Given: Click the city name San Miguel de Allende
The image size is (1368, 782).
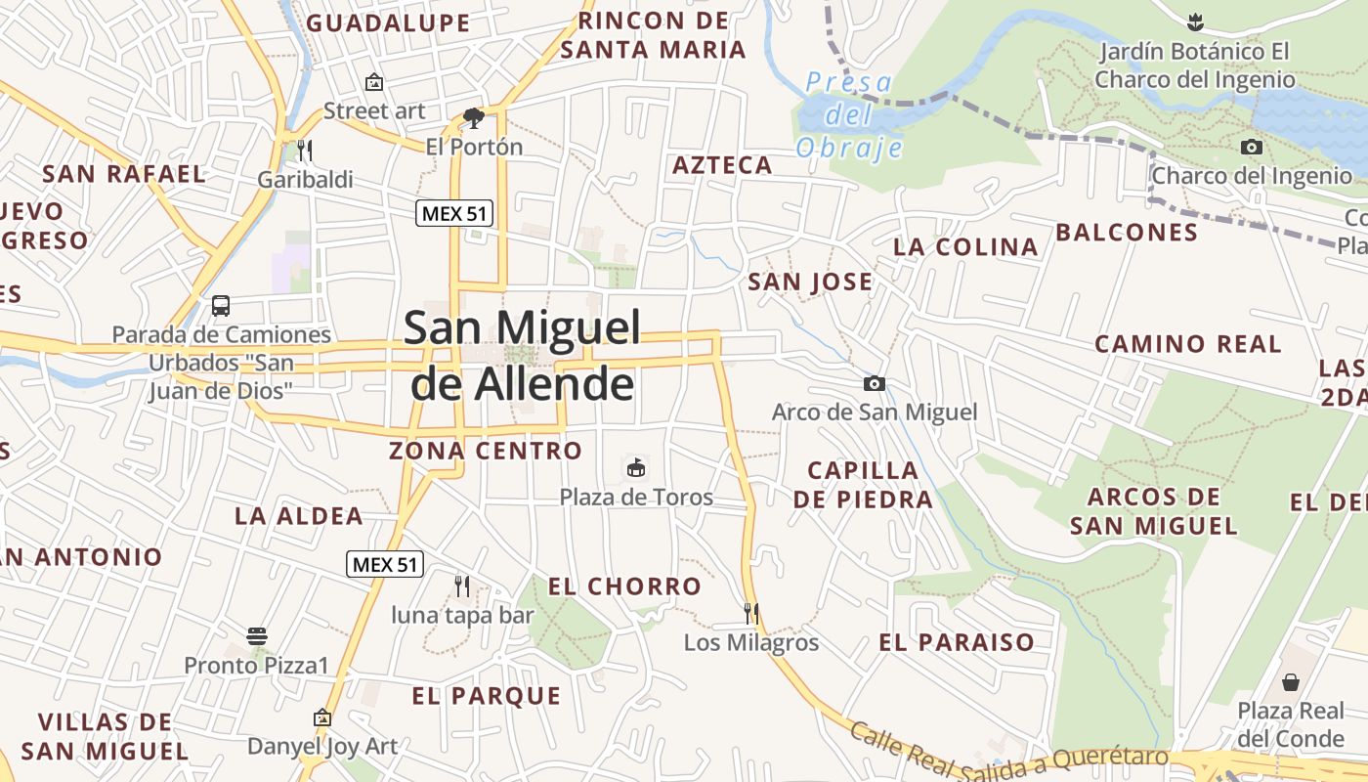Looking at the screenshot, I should pyautogui.click(x=523, y=355).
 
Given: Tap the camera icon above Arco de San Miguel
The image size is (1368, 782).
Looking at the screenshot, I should pyautogui.click(x=875, y=383).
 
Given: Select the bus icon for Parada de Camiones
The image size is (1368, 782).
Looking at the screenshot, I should pyautogui.click(x=221, y=305).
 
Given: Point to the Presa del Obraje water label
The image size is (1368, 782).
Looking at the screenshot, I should pyautogui.click(x=848, y=115).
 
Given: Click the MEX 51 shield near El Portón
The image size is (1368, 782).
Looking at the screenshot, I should pyautogui.click(x=454, y=213).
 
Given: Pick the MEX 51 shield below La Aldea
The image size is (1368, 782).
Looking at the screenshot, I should pyautogui.click(x=385, y=564).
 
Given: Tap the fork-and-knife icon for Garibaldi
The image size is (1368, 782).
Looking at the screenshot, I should pyautogui.click(x=305, y=151).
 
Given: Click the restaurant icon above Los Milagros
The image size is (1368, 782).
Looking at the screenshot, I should pyautogui.click(x=751, y=614).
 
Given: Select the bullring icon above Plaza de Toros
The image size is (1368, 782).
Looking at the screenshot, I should pyautogui.click(x=636, y=468).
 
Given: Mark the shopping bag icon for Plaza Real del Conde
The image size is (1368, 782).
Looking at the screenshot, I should pyautogui.click(x=1291, y=681).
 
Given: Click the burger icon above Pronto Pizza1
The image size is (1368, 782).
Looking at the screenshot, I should pyautogui.click(x=257, y=636).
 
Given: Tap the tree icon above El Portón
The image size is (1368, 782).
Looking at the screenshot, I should pyautogui.click(x=474, y=118).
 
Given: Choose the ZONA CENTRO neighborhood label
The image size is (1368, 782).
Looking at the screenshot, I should pyautogui.click(x=486, y=451).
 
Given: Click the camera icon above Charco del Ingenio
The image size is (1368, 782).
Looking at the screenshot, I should pyautogui.click(x=1252, y=148).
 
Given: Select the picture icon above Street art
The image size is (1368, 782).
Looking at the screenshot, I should pyautogui.click(x=374, y=82).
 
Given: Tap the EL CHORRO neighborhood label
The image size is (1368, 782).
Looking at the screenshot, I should pyautogui.click(x=624, y=586).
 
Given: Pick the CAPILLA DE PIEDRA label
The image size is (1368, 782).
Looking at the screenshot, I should pyautogui.click(x=863, y=485).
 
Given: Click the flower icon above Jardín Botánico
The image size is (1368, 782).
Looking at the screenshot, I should pyautogui.click(x=1194, y=22).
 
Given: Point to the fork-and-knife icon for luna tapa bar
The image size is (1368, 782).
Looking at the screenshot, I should pyautogui.click(x=462, y=586).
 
